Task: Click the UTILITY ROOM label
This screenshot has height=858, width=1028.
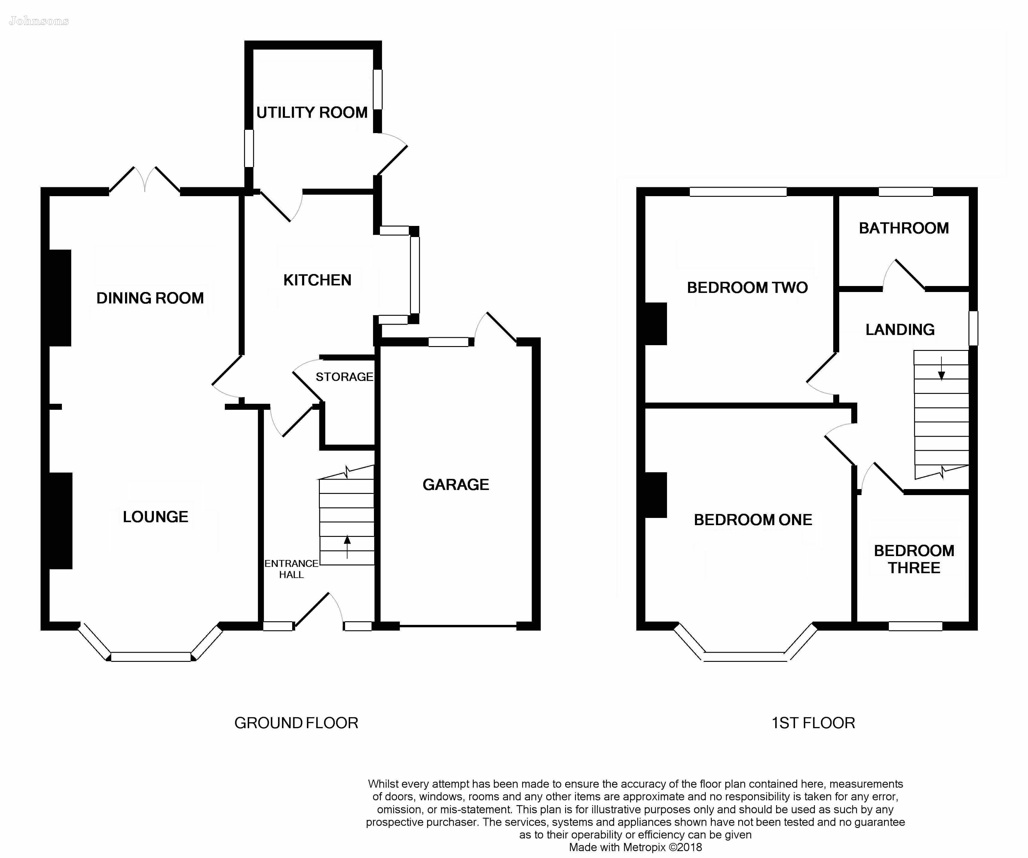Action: pos(312,113)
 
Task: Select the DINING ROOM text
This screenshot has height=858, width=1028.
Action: pos(150,298)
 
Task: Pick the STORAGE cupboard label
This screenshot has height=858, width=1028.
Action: pos(344,377)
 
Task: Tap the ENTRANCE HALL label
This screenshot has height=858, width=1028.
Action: pos(291,569)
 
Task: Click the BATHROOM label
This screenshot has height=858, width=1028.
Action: pos(904,228)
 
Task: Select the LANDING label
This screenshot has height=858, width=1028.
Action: pos(900,330)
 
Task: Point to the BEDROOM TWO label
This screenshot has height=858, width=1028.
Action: pos(747,287)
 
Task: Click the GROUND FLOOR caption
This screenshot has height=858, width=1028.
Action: pos(296,723)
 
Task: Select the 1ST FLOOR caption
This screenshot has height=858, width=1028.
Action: pos(813,723)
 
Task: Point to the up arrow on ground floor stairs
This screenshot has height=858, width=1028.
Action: pos(347,547)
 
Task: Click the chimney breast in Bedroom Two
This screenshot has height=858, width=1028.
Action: pos(656,324)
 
